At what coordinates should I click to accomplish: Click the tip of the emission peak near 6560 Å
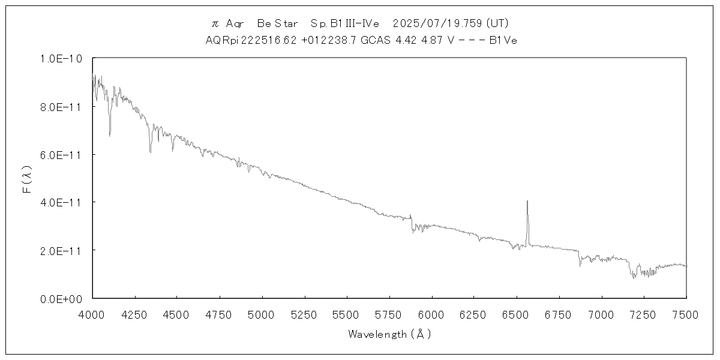click(x=527, y=201)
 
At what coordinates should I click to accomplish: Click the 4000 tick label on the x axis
click(x=92, y=314)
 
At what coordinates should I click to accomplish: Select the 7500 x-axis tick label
click(x=686, y=314)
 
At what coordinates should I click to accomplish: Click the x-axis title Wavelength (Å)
click(x=389, y=334)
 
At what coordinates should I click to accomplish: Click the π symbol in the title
click(x=215, y=24)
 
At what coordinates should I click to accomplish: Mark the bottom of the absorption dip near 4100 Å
click(x=109, y=136)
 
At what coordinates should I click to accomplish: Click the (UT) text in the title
click(x=497, y=23)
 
